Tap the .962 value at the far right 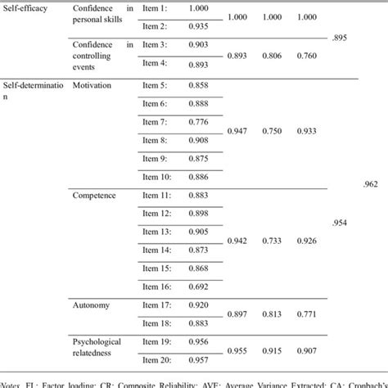(x=371, y=185)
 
